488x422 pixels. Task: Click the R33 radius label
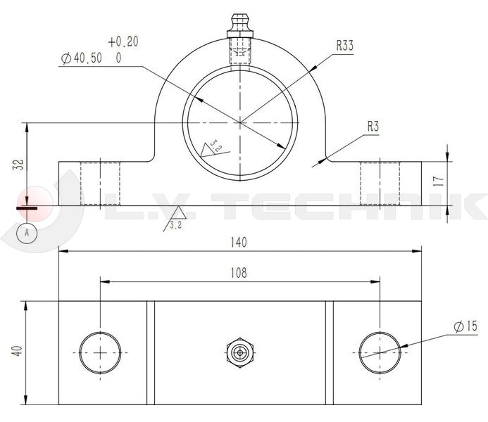pyautogui.click(x=344, y=46)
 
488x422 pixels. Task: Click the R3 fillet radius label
pyautogui.click(x=373, y=127)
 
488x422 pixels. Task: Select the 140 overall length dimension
pyautogui.click(x=239, y=243)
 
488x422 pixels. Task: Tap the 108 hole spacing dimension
pyautogui.click(x=239, y=274)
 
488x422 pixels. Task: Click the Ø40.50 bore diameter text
pyautogui.click(x=82, y=59)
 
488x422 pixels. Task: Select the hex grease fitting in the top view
pyautogui.click(x=240, y=351)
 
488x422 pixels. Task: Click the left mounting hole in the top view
pyautogui.click(x=100, y=352)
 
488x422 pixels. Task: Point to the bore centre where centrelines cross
pyautogui.click(x=239, y=123)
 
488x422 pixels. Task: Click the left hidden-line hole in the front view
pyautogui.click(x=100, y=183)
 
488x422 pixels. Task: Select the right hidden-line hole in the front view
pyautogui.click(x=380, y=183)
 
